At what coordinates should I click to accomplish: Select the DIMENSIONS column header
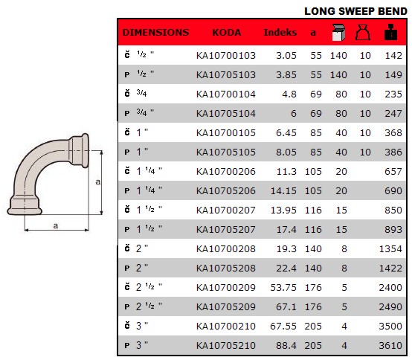coord(155,33)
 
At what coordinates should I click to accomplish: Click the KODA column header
coord(226,33)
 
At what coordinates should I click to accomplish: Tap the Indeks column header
coord(280,33)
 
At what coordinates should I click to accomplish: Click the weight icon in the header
coord(390,32)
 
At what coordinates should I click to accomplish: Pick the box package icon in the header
coord(338,32)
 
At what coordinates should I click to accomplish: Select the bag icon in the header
coord(364,32)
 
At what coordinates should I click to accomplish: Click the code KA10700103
coord(225,55)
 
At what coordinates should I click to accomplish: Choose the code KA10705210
coord(225,345)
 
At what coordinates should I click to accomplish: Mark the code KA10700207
coord(225,210)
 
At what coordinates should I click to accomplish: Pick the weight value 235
coord(392,94)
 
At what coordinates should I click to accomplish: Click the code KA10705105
coord(225,152)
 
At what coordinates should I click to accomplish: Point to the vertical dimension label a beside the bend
coord(97,182)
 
